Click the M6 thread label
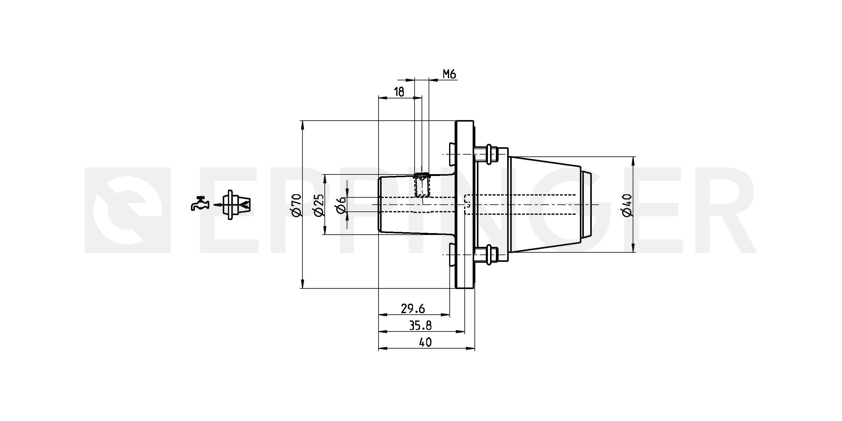(x=449, y=74)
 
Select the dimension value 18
(x=399, y=92)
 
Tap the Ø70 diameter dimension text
(x=296, y=205)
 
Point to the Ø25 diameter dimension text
(x=318, y=205)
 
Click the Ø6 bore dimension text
(x=340, y=205)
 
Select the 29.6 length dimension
(x=413, y=308)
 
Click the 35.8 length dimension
(x=420, y=325)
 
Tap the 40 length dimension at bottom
(x=425, y=342)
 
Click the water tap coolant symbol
(x=200, y=203)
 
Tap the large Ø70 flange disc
(x=464, y=205)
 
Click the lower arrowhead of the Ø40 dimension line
(x=633, y=248)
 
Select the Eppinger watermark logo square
(x=128, y=210)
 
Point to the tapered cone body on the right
(x=546, y=205)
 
